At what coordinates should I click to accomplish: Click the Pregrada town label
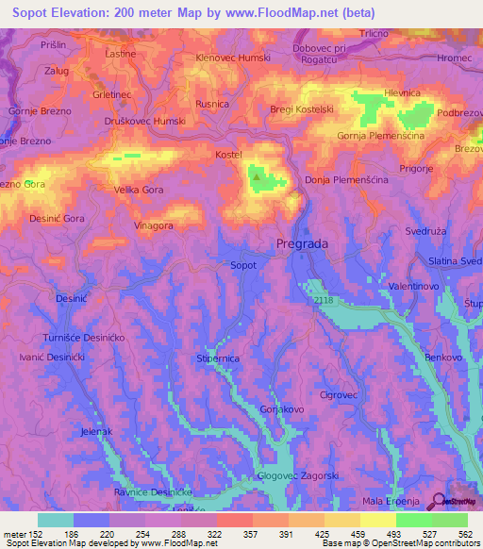(302, 243)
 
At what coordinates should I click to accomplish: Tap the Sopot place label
(243, 266)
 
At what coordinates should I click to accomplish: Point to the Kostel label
(229, 154)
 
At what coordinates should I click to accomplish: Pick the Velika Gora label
(139, 190)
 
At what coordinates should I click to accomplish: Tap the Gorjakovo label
(281, 409)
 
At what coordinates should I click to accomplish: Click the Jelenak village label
(97, 431)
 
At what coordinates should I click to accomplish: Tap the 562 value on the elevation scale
(466, 534)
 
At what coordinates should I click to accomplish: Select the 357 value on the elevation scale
(234, 534)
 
